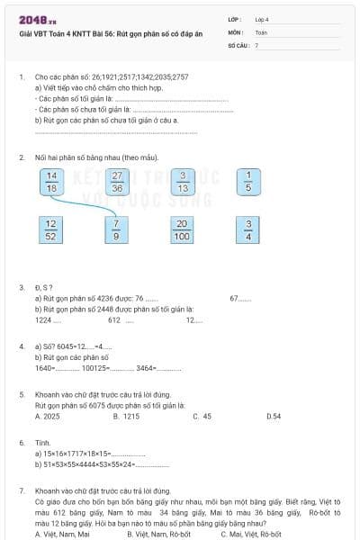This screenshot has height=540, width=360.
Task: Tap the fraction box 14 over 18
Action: coord(51,183)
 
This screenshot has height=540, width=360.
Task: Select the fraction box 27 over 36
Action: coord(117,183)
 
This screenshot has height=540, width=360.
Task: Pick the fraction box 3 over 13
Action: coord(183,183)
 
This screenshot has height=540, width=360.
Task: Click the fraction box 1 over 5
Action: coord(248,183)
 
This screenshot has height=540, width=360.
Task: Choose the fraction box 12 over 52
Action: coord(51,230)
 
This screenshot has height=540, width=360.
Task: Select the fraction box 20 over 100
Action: coord(183,230)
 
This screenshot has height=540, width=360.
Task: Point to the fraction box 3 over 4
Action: coord(248,230)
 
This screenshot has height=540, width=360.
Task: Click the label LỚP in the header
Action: coord(235,18)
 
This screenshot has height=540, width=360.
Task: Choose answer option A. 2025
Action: coord(47,417)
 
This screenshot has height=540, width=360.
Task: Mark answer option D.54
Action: coord(274,417)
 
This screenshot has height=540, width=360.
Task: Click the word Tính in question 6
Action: coord(42,443)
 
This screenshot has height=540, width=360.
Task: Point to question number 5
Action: coord(22,394)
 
